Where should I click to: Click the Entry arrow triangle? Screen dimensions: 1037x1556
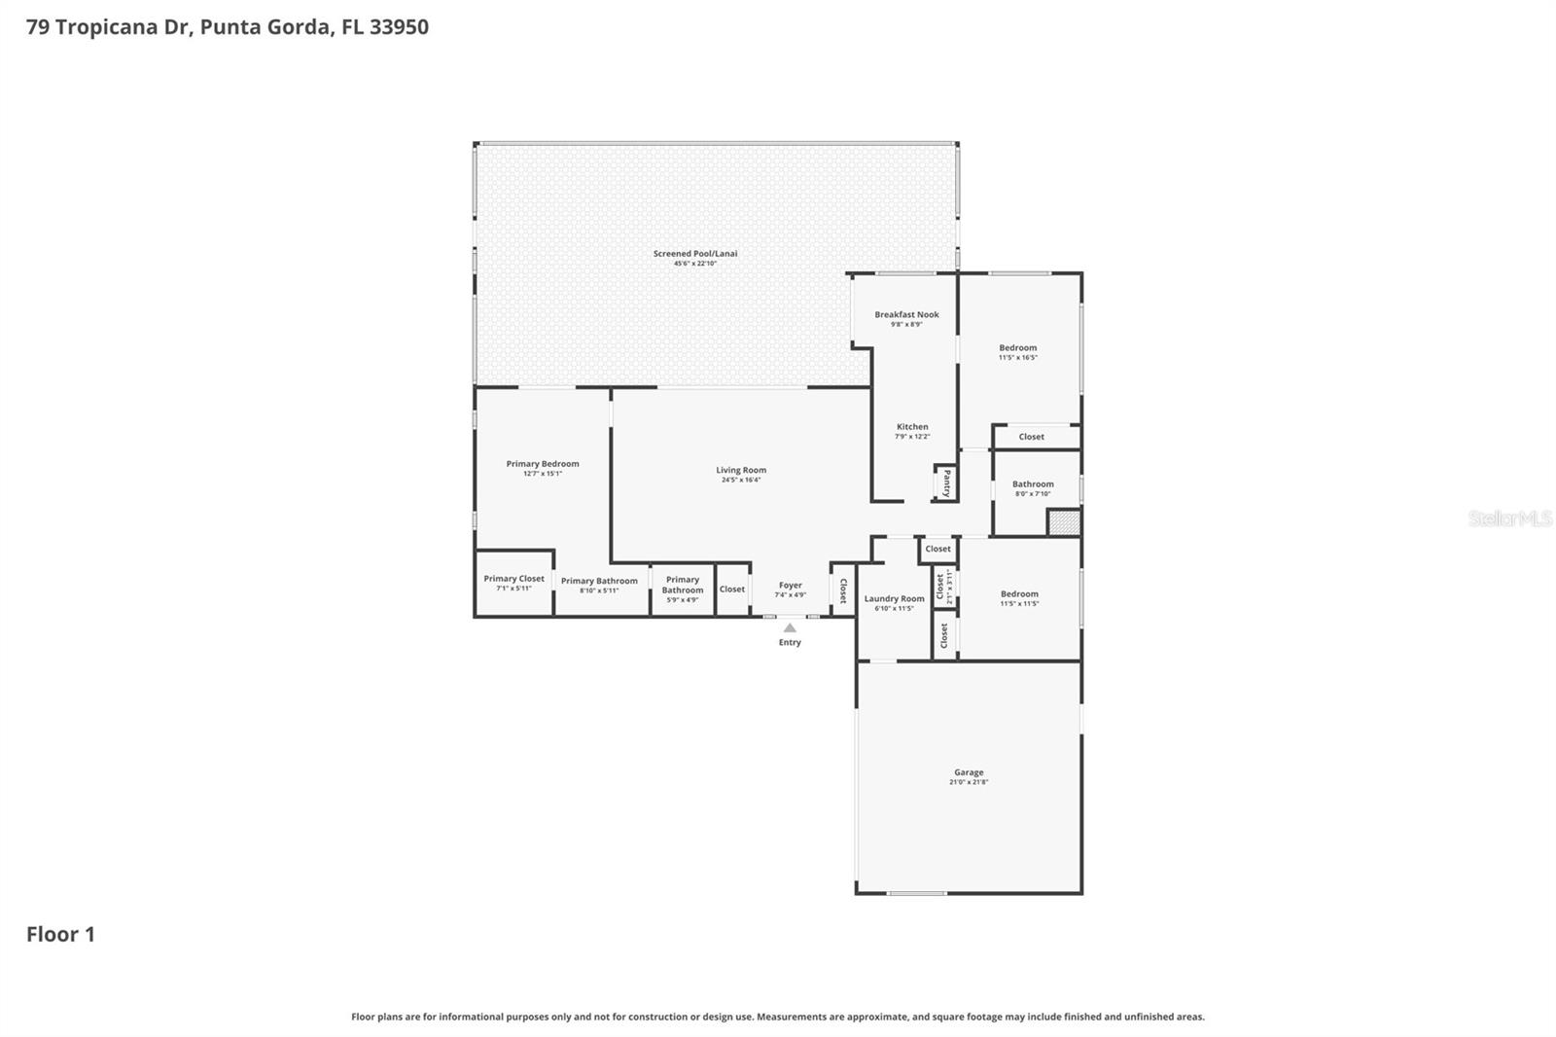coord(790,628)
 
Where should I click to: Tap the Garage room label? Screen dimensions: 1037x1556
coord(969,772)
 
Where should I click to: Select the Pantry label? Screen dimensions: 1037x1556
coord(946,483)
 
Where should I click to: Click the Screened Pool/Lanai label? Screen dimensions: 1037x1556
coord(695,254)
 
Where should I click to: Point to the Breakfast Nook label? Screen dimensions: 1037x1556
coord(906,314)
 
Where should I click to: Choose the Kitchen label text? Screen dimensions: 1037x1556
coord(912,427)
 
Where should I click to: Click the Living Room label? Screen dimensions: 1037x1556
coord(741,470)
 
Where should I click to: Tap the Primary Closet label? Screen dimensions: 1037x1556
coord(513,579)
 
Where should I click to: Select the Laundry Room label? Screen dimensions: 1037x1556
coord(894,599)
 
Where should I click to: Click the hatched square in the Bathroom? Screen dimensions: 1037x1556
coord(1064,522)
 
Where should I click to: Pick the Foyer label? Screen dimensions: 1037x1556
coord(790,586)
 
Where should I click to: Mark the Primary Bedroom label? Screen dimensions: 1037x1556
coord(543,464)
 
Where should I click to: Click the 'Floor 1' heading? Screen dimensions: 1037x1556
coord(60,935)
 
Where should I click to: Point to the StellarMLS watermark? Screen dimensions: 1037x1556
coord(1509,518)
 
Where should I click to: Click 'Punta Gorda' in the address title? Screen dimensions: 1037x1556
coord(265,27)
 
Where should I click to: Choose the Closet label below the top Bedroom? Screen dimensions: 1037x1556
coord(1031,437)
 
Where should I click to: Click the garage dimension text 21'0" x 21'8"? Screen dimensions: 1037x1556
coord(969,782)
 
